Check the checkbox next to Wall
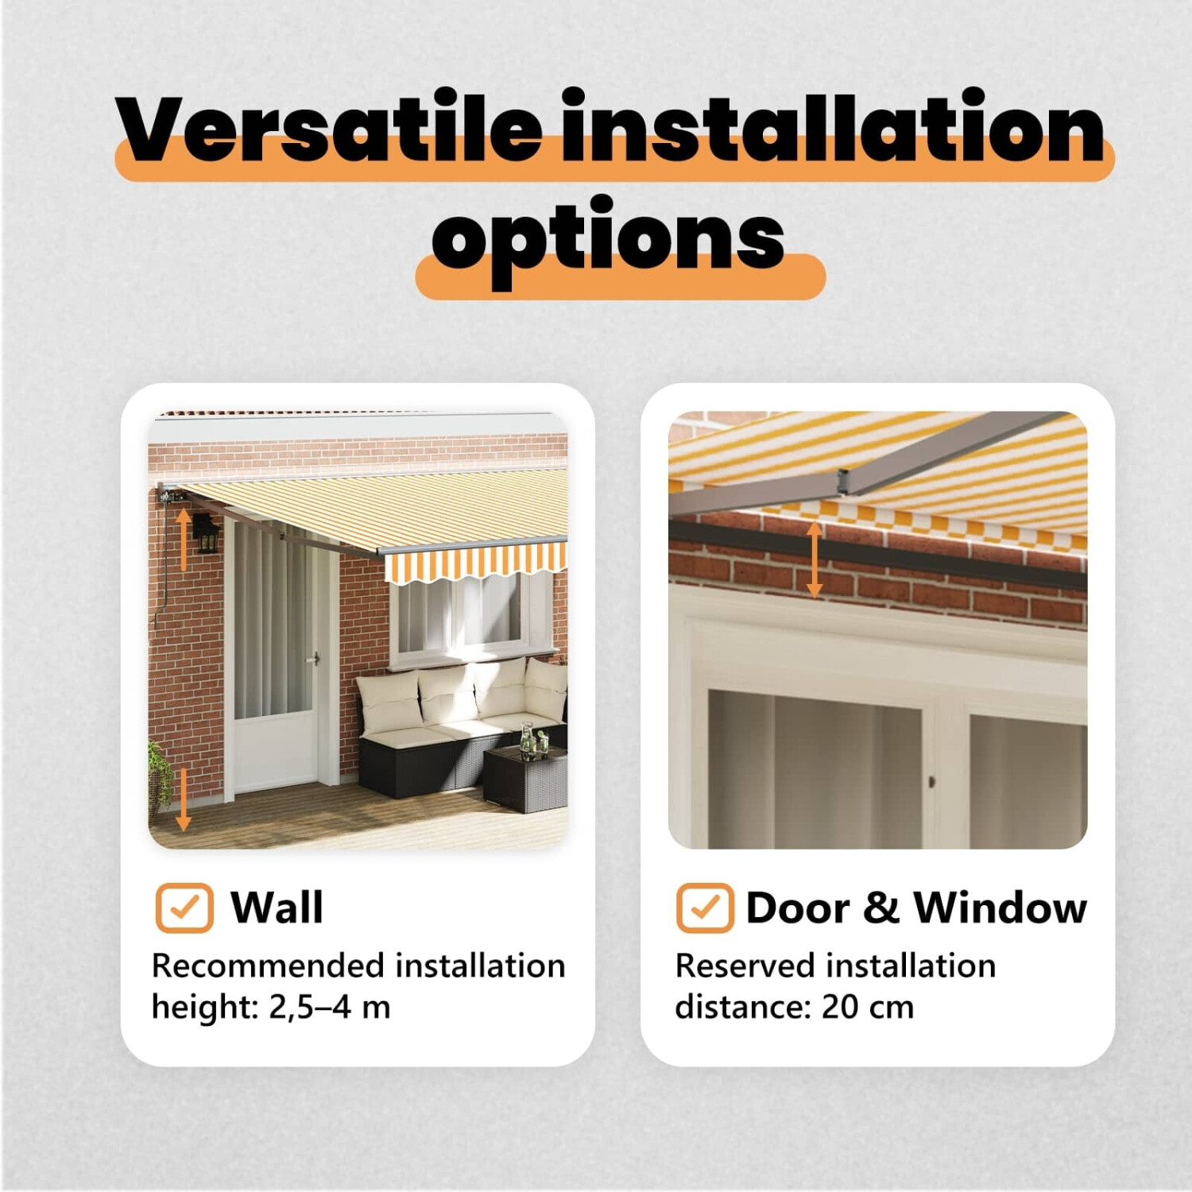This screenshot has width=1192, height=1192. click(184, 908)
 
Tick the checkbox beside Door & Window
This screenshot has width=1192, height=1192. click(705, 908)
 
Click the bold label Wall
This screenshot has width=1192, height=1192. click(277, 908)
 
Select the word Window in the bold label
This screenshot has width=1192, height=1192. click(1000, 908)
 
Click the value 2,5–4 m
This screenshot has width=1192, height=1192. click(330, 1008)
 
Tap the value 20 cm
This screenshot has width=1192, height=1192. click(868, 1008)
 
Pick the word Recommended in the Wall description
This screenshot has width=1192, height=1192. click(269, 966)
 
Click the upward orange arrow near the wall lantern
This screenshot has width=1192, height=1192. click(184, 540)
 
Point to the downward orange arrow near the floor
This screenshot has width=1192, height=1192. click(184, 799)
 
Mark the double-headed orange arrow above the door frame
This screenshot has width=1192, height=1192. click(814, 559)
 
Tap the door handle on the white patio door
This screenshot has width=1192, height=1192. click(315, 659)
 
